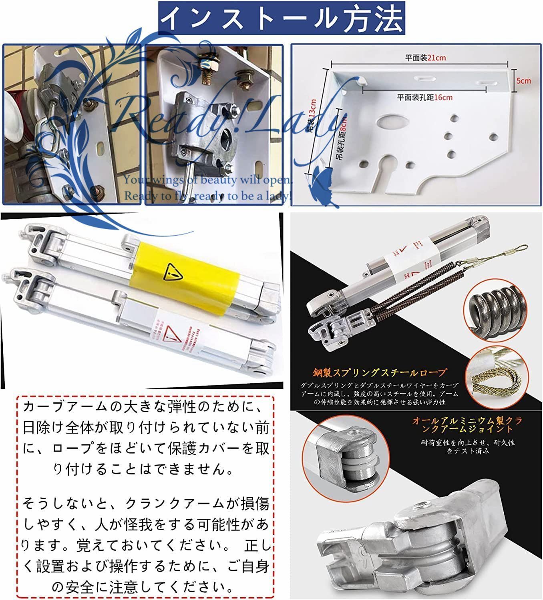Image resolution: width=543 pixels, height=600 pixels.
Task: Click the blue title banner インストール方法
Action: click(x=282, y=18)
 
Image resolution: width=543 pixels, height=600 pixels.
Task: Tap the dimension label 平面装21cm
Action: click(x=425, y=58)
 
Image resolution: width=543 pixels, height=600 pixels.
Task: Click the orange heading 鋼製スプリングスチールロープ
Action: click(x=379, y=373)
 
